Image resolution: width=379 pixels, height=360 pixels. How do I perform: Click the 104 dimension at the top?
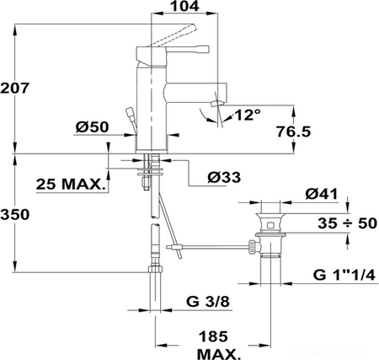click(x=185, y=6)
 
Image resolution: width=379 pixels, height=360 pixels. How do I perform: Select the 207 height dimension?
click(x=14, y=89)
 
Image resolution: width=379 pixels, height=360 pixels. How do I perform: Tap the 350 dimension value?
click(x=14, y=214)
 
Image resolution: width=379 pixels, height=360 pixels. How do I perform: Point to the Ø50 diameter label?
click(x=92, y=127)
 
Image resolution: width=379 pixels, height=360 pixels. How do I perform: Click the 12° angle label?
click(x=248, y=115)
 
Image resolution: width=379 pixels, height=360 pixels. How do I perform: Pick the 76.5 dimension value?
click(x=294, y=132)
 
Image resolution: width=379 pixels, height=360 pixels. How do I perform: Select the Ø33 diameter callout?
click(x=224, y=177)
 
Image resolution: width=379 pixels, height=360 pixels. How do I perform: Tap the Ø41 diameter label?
click(x=322, y=194)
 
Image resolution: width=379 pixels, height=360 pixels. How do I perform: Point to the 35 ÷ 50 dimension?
click(x=347, y=223)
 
